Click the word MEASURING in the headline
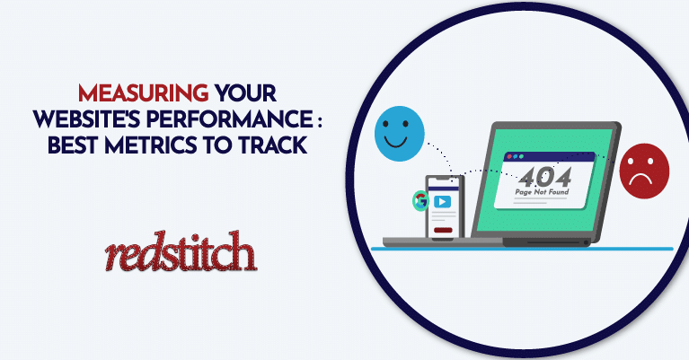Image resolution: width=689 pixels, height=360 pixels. pyautogui.click(x=143, y=93)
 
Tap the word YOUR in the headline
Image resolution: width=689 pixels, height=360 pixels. pyautogui.click(x=245, y=93)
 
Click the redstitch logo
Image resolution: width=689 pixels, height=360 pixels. pyautogui.click(x=181, y=250)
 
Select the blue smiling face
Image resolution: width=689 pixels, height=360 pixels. pyautogui.click(x=400, y=134)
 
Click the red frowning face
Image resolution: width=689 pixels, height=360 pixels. pyautogui.click(x=644, y=171)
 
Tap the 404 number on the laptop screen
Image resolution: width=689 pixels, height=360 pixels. pyautogui.click(x=545, y=177)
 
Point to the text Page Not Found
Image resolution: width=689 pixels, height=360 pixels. pyautogui.click(x=542, y=192)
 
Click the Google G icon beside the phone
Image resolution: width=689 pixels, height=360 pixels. pyautogui.click(x=420, y=200)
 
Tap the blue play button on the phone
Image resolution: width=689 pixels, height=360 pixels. pyautogui.click(x=442, y=201)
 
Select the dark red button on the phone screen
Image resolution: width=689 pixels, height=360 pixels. pyautogui.click(x=443, y=230)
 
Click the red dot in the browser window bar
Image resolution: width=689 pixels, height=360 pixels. pyautogui.click(x=509, y=156)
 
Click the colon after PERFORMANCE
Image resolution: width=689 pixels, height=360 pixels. pyautogui.click(x=320, y=120)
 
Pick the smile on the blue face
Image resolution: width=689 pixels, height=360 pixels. pyautogui.click(x=395, y=142)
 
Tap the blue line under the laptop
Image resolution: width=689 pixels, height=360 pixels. pyautogui.click(x=522, y=249)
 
